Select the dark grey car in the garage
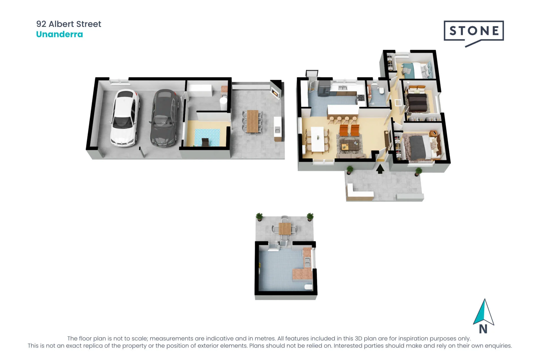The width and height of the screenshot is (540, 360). tap(165, 118)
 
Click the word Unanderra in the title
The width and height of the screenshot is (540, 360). tap(60, 34)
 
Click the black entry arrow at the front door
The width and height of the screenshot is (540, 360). tap(380, 169)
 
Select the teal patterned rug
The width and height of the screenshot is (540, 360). tap(207, 137)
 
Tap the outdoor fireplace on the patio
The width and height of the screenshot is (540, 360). tap(275, 90)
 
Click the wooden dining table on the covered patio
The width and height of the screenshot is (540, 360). tap(253, 121)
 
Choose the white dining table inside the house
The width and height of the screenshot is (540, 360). tap(318, 139)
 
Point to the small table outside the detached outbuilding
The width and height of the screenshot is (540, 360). tap(285, 228)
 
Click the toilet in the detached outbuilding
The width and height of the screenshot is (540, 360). tap(309, 287)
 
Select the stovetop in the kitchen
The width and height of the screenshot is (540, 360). tap(361, 98)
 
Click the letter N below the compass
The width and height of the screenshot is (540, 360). tap(483, 329)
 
